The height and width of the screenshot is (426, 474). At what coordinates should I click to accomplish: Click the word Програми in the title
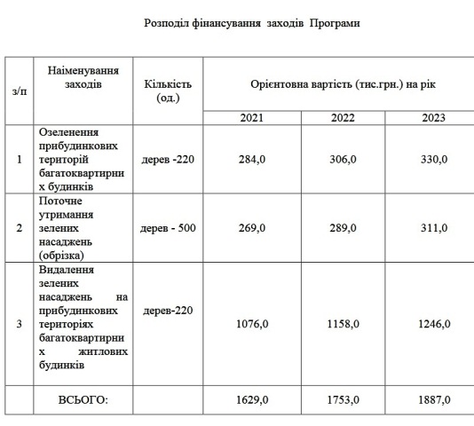click(336, 22)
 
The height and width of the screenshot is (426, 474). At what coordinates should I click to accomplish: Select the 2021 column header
click(252, 117)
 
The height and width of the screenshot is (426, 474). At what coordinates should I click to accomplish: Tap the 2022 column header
click(343, 117)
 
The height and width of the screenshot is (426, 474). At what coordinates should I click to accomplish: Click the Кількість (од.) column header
click(167, 90)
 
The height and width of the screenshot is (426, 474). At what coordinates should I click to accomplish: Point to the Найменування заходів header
click(84, 76)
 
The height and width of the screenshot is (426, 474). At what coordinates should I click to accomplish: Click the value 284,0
click(253, 160)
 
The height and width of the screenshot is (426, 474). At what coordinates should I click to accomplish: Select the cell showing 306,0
click(343, 160)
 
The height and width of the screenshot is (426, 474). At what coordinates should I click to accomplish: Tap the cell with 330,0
click(433, 160)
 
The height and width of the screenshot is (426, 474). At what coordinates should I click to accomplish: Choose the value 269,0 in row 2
click(253, 228)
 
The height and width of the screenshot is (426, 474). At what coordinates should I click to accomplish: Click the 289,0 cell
click(343, 228)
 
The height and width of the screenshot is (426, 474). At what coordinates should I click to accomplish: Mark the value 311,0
click(433, 228)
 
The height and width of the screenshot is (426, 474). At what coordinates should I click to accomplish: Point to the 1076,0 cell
click(253, 324)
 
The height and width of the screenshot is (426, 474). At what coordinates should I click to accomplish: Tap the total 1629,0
click(253, 400)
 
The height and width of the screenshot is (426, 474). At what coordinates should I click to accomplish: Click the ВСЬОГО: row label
click(83, 400)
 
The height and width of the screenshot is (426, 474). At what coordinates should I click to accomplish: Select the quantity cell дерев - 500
click(168, 228)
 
